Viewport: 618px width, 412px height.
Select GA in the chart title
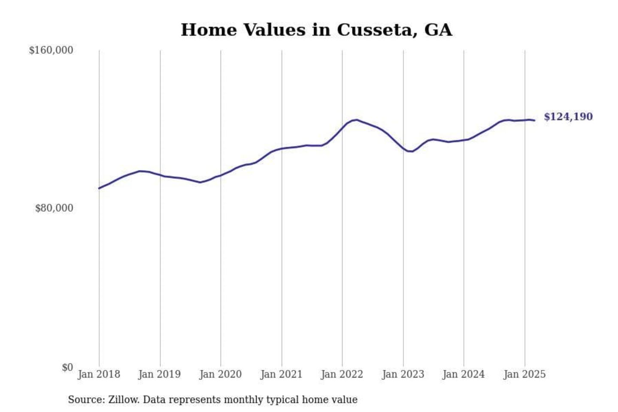438,30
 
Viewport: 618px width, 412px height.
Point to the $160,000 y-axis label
51,50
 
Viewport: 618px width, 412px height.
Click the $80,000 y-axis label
54,208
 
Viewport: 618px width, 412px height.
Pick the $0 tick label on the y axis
67,367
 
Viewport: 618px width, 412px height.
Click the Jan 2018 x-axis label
99,374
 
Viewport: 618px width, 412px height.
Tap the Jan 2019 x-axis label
160,374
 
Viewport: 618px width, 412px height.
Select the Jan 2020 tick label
221,374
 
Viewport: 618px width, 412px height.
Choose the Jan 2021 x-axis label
282,374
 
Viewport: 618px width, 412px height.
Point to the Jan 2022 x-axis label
342,374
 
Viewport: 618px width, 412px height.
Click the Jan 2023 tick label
403,374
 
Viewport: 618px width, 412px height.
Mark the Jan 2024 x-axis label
463,374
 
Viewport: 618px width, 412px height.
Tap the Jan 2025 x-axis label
524,374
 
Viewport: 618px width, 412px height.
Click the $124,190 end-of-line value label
568,117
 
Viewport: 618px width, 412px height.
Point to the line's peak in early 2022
356,120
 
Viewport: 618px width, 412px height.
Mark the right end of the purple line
534,121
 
